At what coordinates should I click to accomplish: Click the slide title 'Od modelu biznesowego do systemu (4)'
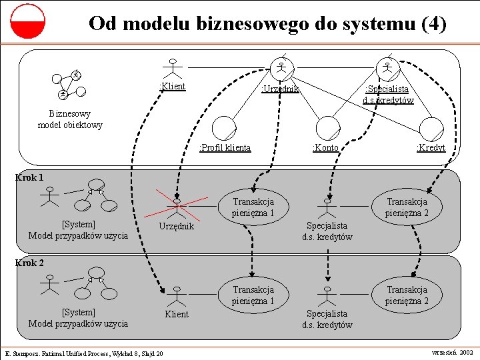coord(267,24)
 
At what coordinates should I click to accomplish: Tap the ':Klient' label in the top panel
coord(173,86)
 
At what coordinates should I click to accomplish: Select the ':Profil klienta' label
coord(226,147)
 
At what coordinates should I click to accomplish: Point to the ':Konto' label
coord(325,147)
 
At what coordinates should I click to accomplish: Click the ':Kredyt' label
coord(431,147)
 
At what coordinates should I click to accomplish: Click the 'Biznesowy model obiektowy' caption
coord(70,119)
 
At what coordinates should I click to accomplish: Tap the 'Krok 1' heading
coord(29,177)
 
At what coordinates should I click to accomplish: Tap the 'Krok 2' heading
coord(29,263)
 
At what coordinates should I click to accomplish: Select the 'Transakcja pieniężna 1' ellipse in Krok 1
coord(253,207)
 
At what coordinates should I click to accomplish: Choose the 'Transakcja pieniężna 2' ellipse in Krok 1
coord(407,207)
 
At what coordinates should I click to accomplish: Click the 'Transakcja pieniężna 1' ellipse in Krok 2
coord(253,295)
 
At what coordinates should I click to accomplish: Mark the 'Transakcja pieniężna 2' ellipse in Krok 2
coord(407,295)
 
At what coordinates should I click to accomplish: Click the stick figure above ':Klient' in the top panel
coord(173,68)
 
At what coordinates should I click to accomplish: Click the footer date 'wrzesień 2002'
coord(453,351)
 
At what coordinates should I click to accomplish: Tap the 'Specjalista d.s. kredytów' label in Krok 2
coord(327,319)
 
